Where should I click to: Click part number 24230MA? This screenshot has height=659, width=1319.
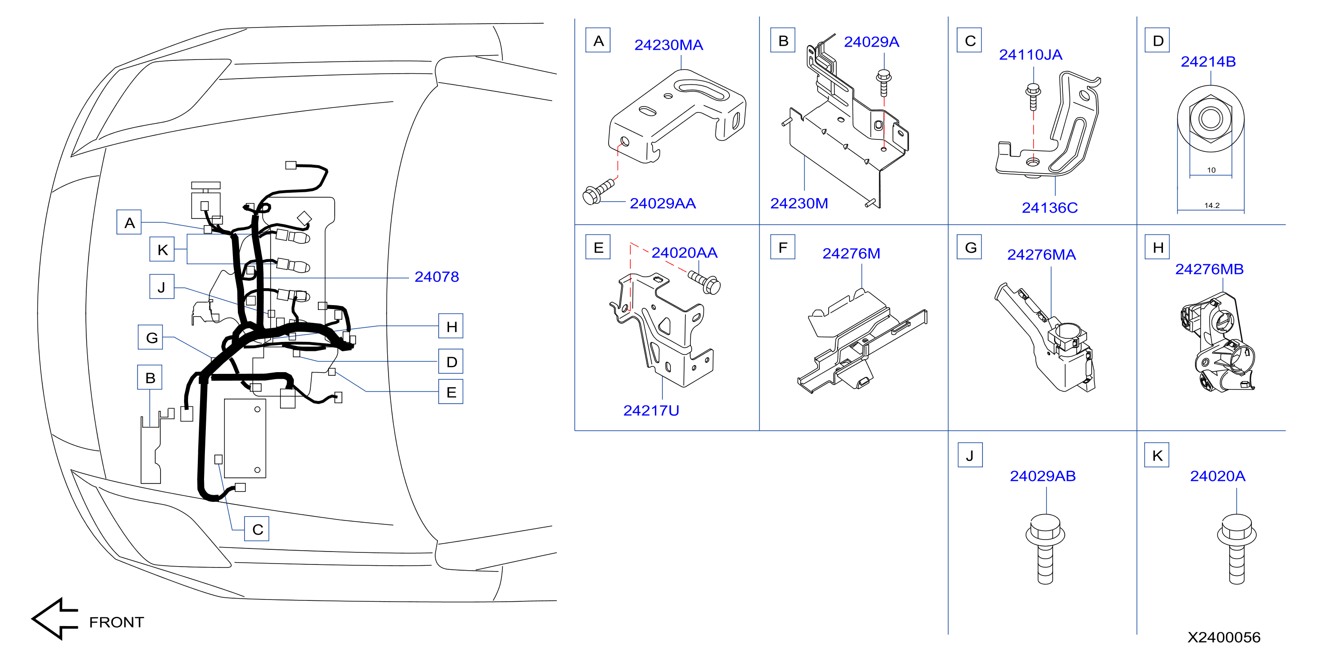668,45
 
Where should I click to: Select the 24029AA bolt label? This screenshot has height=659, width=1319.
662,204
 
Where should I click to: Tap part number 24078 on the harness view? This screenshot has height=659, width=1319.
436,277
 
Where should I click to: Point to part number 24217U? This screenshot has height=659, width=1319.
651,410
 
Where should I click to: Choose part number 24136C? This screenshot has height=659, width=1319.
1050,208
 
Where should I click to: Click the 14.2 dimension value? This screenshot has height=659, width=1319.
1211,205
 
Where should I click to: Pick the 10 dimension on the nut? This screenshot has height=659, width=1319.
1211,170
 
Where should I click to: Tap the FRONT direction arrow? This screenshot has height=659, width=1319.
54,619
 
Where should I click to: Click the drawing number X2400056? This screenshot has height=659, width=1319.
1224,637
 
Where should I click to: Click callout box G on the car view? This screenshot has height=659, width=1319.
151,337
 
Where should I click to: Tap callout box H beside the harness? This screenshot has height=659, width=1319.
451,326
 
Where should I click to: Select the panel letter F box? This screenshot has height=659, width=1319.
782,247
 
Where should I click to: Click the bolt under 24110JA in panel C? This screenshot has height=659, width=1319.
1033,97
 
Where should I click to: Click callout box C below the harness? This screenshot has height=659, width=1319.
257,529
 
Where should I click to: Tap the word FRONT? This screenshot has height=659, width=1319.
117,622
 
